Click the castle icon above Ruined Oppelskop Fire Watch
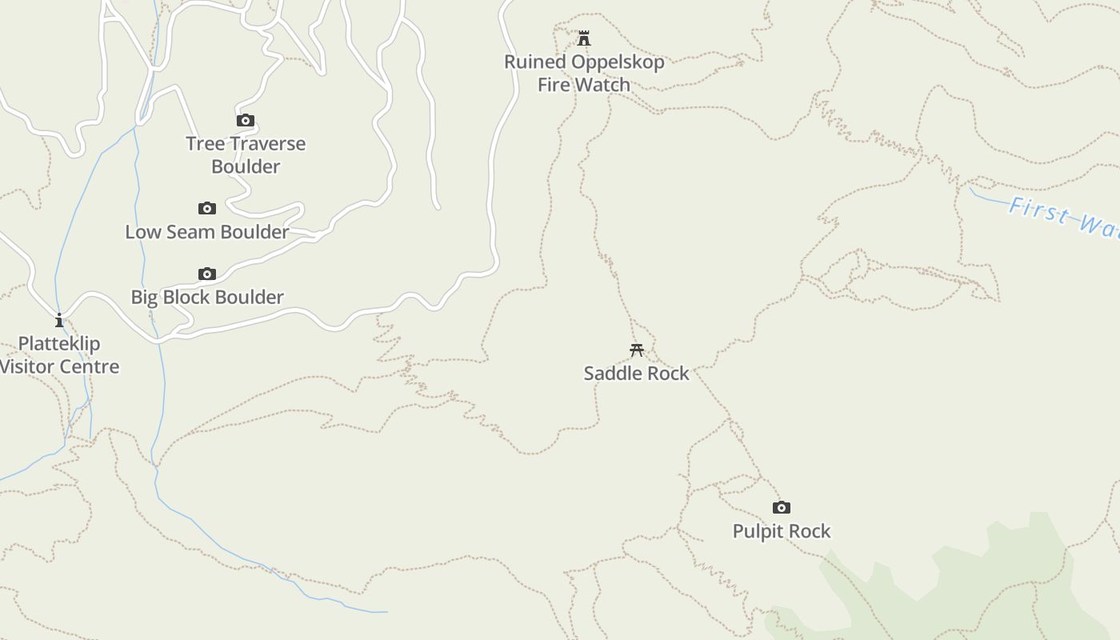coord(584,38)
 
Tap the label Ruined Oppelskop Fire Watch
coord(584,73)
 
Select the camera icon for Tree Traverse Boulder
coord(246,121)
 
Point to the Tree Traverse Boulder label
coord(246,154)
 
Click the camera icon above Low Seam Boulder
coord(207,209)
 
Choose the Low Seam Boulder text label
coord(207,232)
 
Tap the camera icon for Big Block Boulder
coord(207,274)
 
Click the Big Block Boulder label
coord(207,298)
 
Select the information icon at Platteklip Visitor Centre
coord(59,321)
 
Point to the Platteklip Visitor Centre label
coord(59,355)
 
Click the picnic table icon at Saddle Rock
coord(637,350)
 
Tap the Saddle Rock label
coord(637,374)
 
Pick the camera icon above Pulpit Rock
coord(782,507)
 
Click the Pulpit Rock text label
coord(782,531)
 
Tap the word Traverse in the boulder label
coord(268,144)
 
